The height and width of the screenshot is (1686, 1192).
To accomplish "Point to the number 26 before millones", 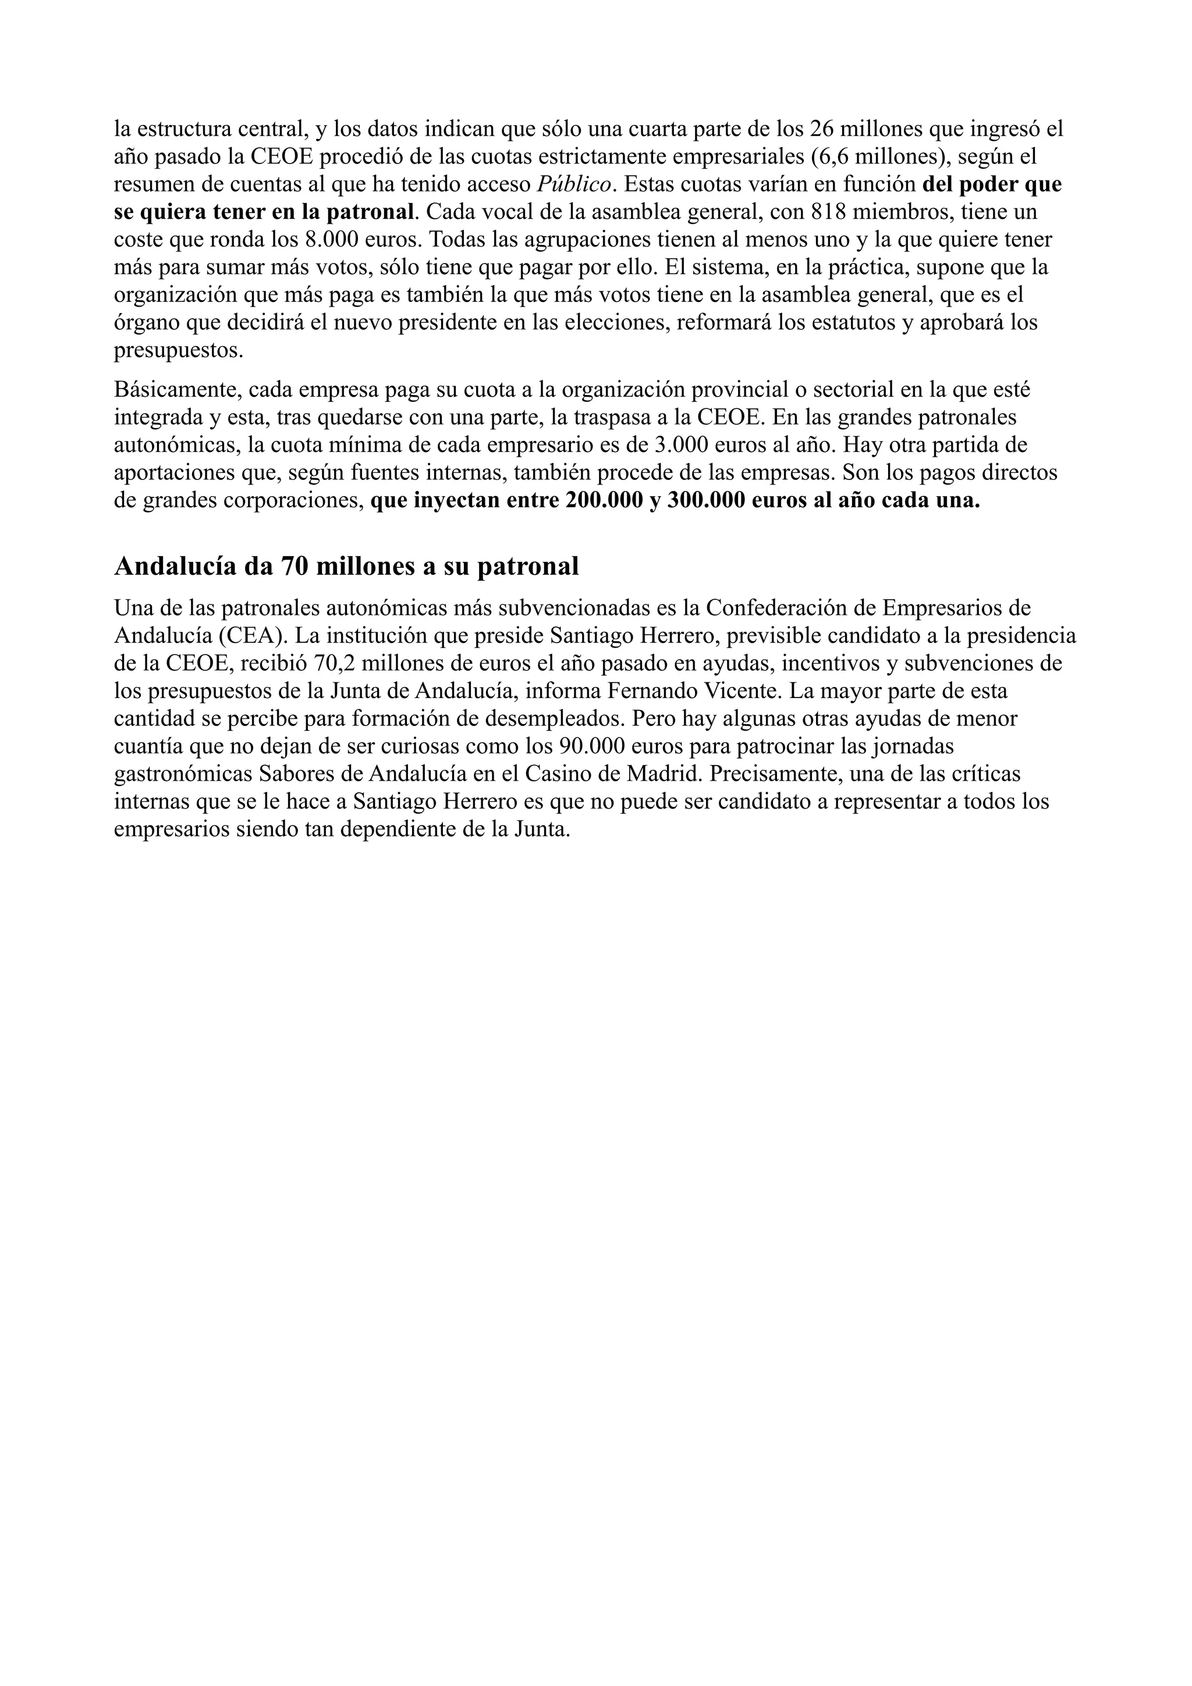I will coord(822,129).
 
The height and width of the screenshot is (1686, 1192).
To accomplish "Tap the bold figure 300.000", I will coord(705,501).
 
